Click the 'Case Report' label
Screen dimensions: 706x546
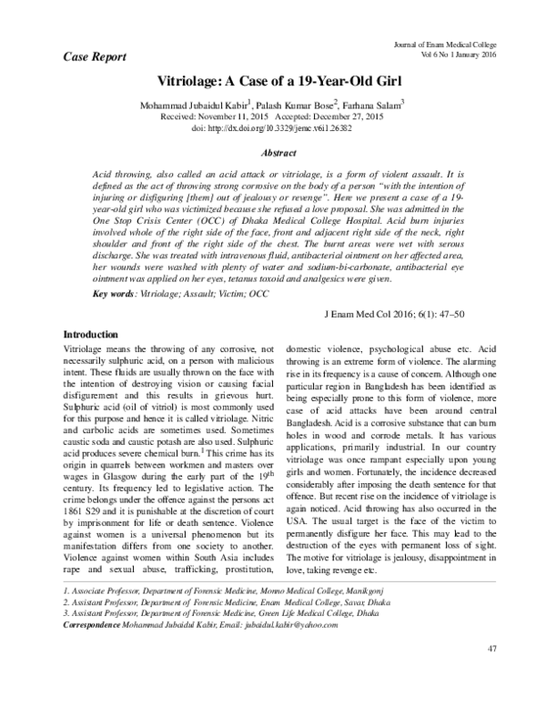pyautogui.click(x=88, y=55)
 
